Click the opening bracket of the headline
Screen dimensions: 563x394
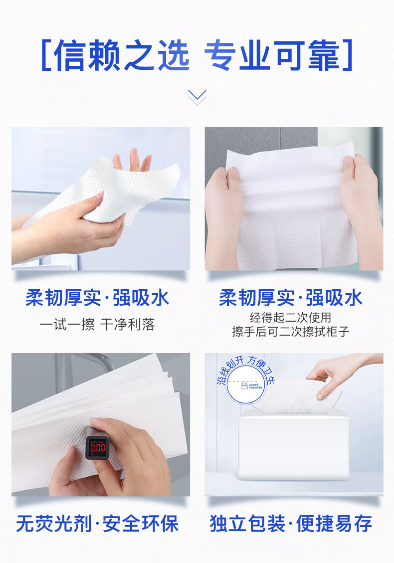point(46,56)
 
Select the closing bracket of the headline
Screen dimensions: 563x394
point(348,56)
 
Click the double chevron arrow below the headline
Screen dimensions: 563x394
point(197,97)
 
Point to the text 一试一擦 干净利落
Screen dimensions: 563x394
point(97,325)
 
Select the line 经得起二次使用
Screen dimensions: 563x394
point(290,318)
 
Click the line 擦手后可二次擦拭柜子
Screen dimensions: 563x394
point(290,332)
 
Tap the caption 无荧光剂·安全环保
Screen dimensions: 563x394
point(97,524)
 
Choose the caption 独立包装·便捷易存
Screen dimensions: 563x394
point(290,524)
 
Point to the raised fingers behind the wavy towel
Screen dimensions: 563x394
point(133,161)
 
